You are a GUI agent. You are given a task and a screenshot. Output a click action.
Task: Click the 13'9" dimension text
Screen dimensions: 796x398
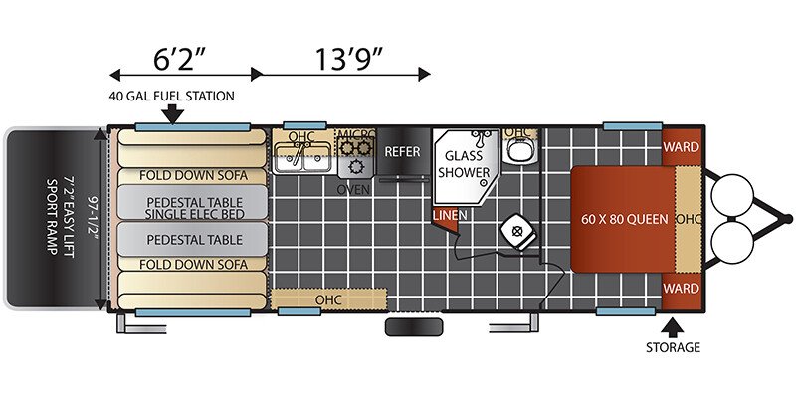point(348,59)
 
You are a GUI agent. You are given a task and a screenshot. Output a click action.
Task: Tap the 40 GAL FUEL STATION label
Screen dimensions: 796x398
point(171,96)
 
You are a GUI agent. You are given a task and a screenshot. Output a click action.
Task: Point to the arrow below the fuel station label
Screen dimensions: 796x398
point(173,113)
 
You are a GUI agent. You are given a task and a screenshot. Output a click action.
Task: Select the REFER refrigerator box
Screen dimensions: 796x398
point(403,152)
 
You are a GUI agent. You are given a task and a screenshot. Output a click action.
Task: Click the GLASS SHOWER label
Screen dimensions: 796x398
point(464,163)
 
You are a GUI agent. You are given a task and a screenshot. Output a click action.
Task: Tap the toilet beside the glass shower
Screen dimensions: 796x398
point(518,151)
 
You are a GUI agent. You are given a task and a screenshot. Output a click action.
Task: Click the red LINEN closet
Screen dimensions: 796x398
point(447,219)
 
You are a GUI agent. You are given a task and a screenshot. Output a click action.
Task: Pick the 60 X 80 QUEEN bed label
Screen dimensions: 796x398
point(625,219)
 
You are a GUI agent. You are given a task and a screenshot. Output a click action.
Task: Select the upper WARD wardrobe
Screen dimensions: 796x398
point(682,146)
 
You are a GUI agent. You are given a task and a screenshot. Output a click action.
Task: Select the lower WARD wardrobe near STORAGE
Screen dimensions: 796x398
point(682,290)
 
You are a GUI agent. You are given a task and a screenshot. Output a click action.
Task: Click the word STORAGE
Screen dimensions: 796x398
point(673,347)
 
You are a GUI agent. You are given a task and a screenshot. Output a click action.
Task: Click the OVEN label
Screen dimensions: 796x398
point(354,190)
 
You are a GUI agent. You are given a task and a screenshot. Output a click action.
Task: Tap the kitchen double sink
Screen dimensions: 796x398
point(303,157)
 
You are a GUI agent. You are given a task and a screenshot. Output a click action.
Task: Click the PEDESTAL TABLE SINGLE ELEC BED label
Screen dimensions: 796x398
point(194,208)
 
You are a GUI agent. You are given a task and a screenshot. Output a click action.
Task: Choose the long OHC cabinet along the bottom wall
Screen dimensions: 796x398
point(328,299)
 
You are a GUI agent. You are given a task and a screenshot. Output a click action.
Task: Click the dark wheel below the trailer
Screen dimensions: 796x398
point(414,327)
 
